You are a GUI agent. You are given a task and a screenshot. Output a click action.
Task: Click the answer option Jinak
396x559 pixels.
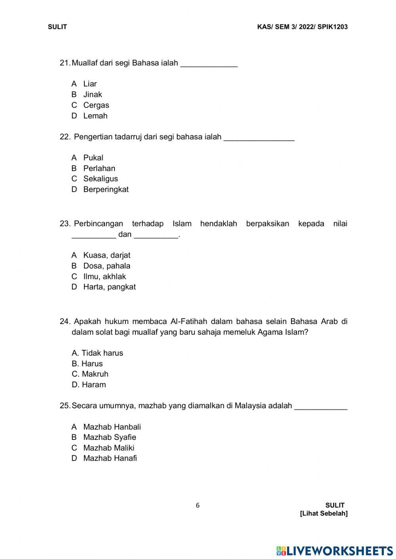pos(92,95)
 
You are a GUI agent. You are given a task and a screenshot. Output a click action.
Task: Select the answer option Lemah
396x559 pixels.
pos(95,116)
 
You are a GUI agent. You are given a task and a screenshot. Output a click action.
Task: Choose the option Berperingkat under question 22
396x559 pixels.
pos(106,189)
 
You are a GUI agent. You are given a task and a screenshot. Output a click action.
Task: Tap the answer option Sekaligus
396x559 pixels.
pos(100,179)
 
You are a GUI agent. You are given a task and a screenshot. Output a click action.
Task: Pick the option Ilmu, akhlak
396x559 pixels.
pos(104,277)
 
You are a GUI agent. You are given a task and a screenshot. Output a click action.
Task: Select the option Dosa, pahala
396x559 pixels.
pos(107,266)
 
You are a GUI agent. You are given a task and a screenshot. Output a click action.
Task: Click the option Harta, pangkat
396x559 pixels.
pos(109,287)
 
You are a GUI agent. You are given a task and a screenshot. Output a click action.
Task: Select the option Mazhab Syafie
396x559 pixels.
pos(109,437)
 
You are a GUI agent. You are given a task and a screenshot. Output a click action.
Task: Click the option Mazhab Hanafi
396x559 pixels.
pos(110,458)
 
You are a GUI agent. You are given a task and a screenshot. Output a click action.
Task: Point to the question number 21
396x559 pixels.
pos(65,63)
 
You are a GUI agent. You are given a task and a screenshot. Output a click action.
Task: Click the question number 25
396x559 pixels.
pos(65,406)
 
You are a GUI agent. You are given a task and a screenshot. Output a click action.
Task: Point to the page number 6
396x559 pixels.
pos(198,505)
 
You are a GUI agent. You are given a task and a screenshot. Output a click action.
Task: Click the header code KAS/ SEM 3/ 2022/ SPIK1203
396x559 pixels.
pos(302,27)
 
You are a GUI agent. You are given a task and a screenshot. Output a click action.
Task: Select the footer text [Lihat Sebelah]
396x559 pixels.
pos(324,514)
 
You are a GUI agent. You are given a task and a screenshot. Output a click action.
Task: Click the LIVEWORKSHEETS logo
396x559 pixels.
pos(335,550)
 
